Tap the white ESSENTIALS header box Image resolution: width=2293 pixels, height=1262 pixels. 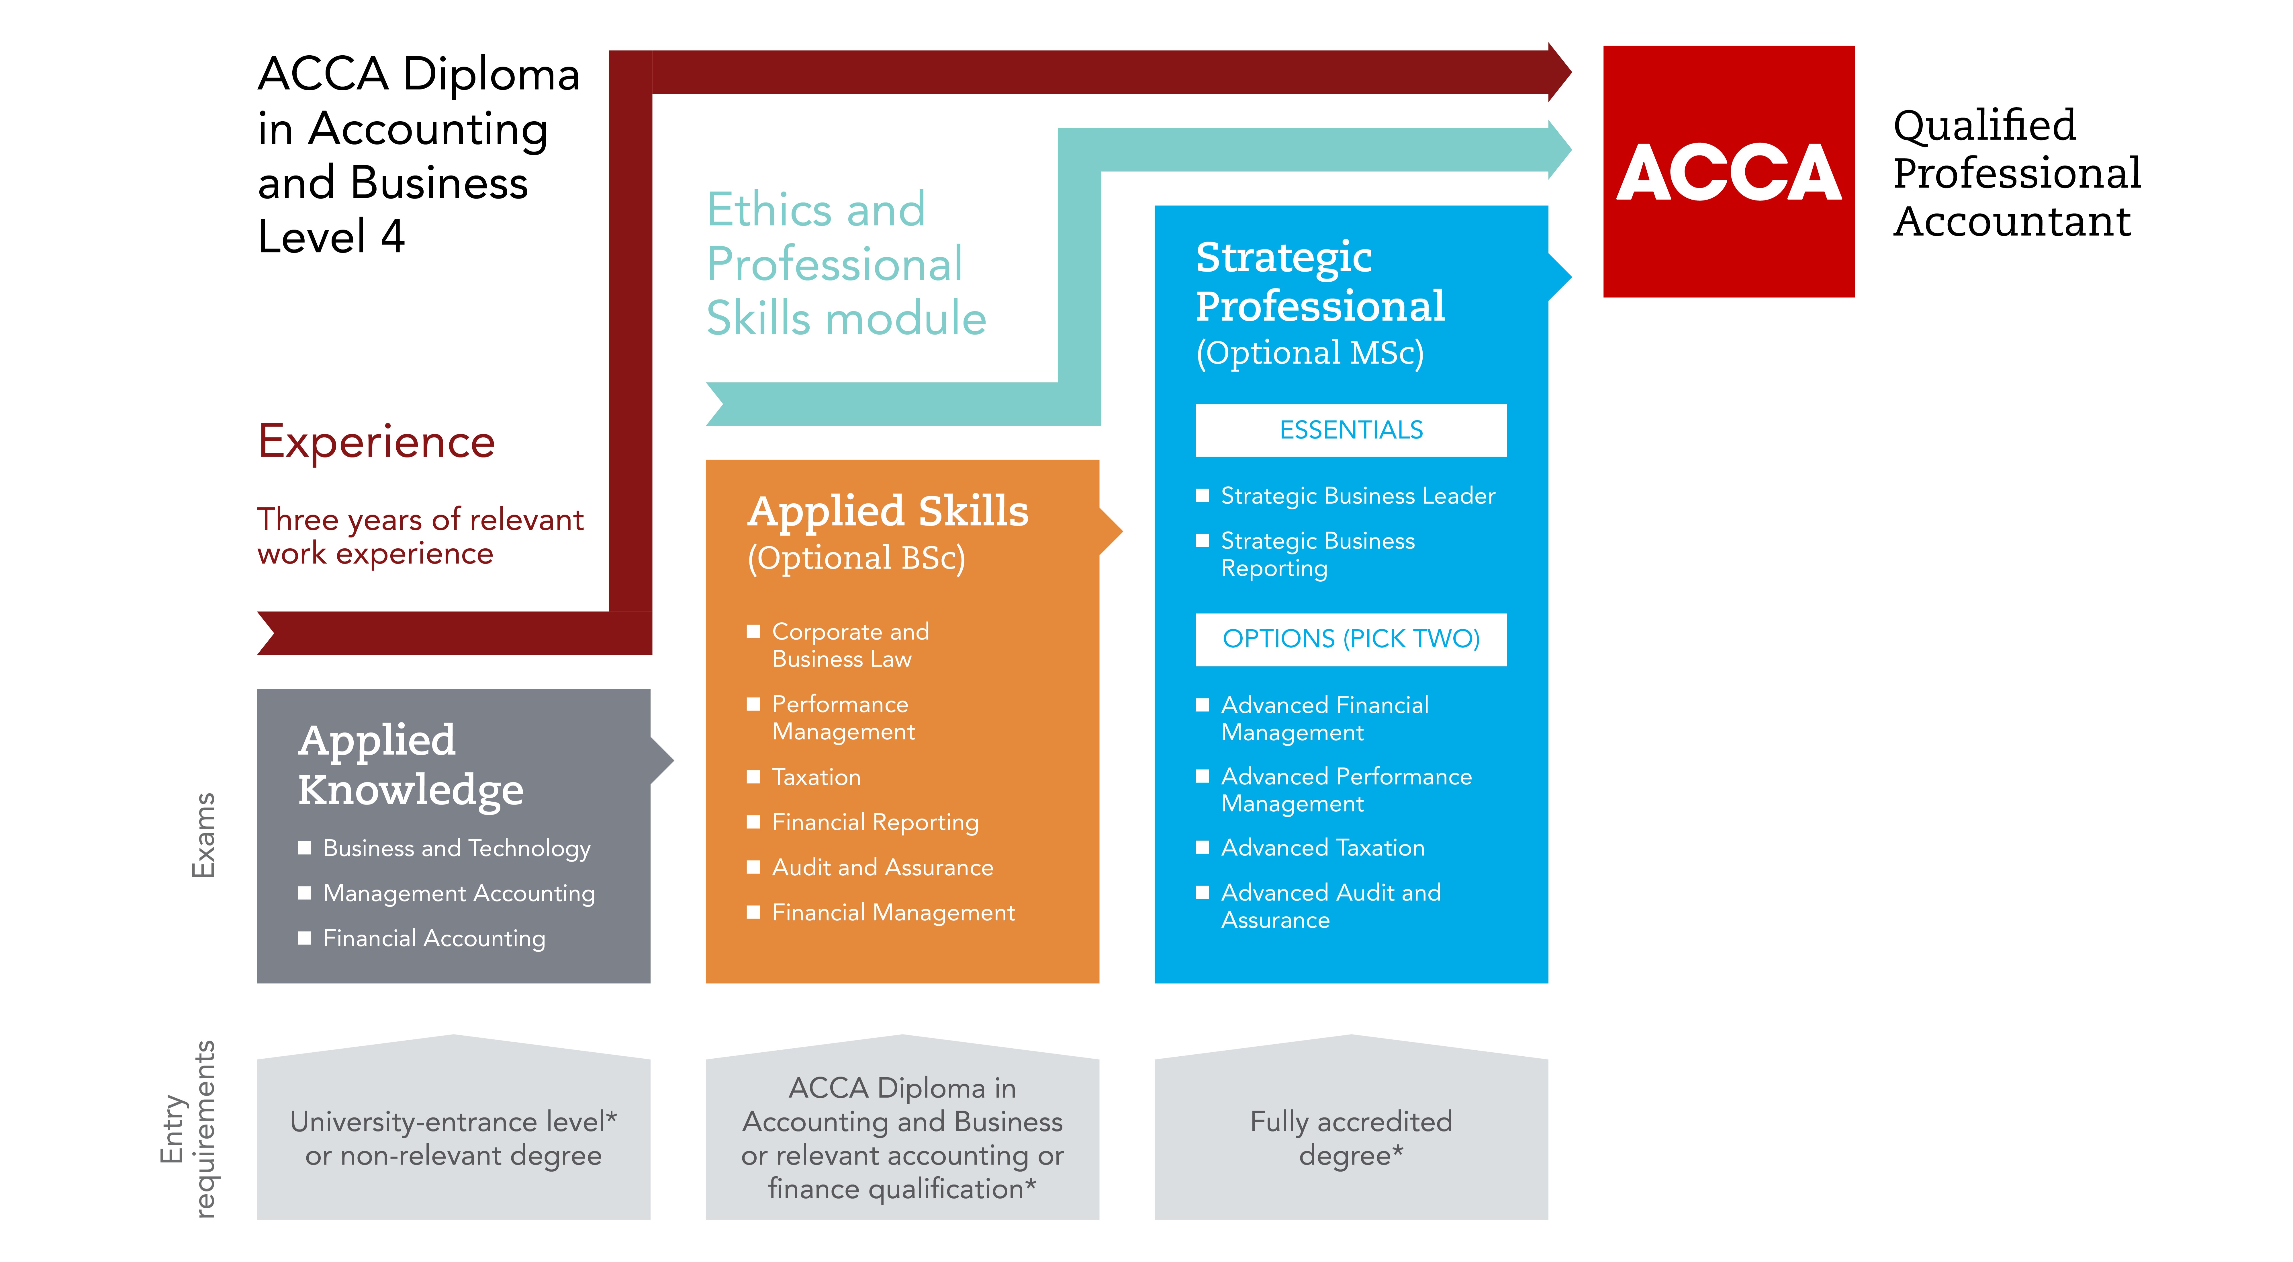[x=1350, y=430]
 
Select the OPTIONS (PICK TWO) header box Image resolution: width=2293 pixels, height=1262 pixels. [x=1350, y=638]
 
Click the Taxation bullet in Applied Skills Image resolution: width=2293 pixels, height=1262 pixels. [x=815, y=778]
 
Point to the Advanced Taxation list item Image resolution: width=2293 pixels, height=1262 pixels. [x=1322, y=848]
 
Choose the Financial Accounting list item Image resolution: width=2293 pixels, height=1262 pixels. [x=434, y=939]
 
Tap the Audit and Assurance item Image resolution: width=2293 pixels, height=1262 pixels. [x=882, y=867]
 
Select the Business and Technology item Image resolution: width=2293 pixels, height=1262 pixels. [x=456, y=849]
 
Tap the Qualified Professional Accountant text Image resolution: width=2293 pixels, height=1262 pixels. [x=2015, y=173]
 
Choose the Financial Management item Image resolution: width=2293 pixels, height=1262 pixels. [x=893, y=913]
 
